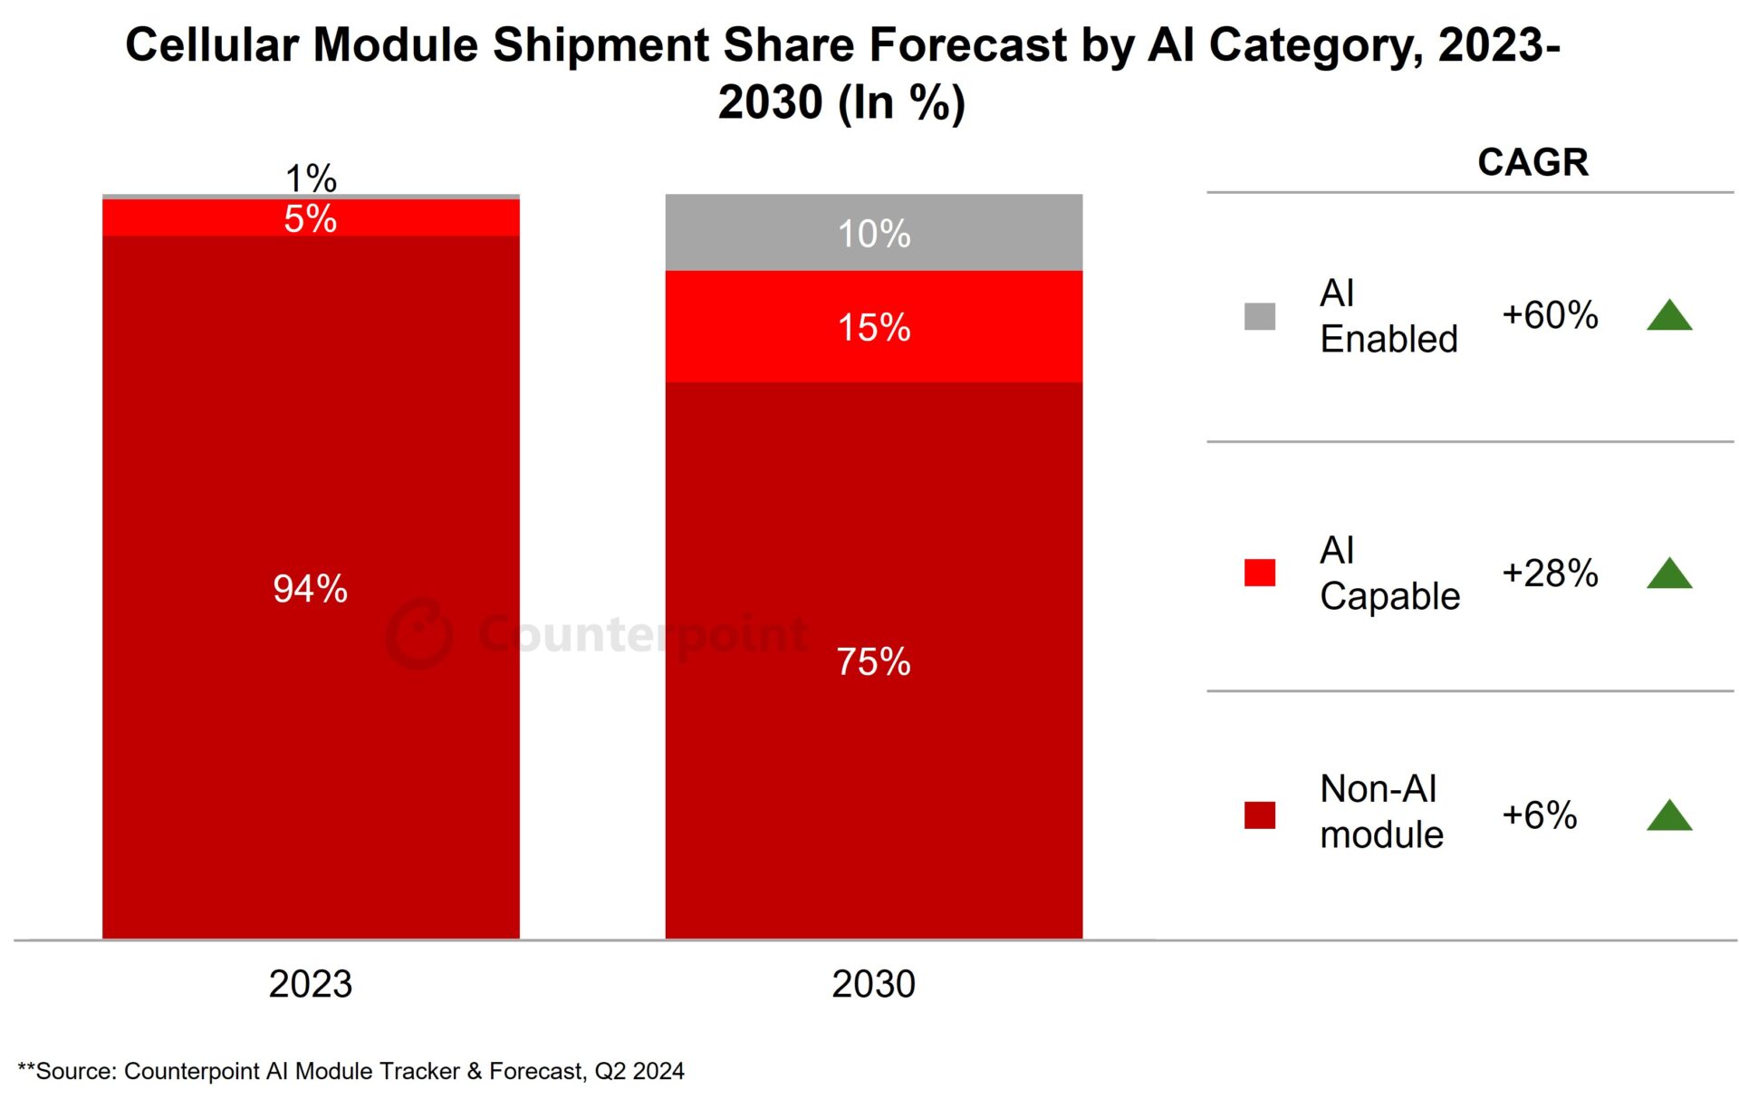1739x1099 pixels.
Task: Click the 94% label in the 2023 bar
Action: [x=310, y=589]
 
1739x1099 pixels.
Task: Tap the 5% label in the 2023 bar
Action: [x=310, y=219]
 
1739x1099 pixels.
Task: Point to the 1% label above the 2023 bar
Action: [x=311, y=178]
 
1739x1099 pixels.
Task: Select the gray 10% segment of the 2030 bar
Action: [x=873, y=233]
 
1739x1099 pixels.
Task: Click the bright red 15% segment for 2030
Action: [x=873, y=327]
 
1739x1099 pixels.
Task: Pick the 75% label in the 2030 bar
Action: [x=873, y=661]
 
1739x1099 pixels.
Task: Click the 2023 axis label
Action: [x=310, y=984]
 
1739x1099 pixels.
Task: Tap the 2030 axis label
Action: [x=873, y=984]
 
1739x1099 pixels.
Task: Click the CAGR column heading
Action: [x=1532, y=162]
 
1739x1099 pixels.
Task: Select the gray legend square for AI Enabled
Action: [x=1259, y=316]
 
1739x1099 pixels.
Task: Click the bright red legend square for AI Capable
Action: [x=1259, y=573]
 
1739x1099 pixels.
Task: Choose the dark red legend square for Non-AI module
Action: [x=1259, y=815]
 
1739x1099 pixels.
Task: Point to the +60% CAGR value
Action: [x=1550, y=315]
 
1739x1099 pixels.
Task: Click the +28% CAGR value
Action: [x=1550, y=573]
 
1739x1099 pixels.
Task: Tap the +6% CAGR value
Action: [x=1539, y=815]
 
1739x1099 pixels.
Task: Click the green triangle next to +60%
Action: [x=1669, y=316]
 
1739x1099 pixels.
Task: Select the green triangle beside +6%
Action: [x=1669, y=815]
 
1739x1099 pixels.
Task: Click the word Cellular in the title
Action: [x=211, y=44]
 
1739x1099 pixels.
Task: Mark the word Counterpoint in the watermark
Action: [x=643, y=633]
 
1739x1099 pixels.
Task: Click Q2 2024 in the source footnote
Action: [x=639, y=1071]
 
